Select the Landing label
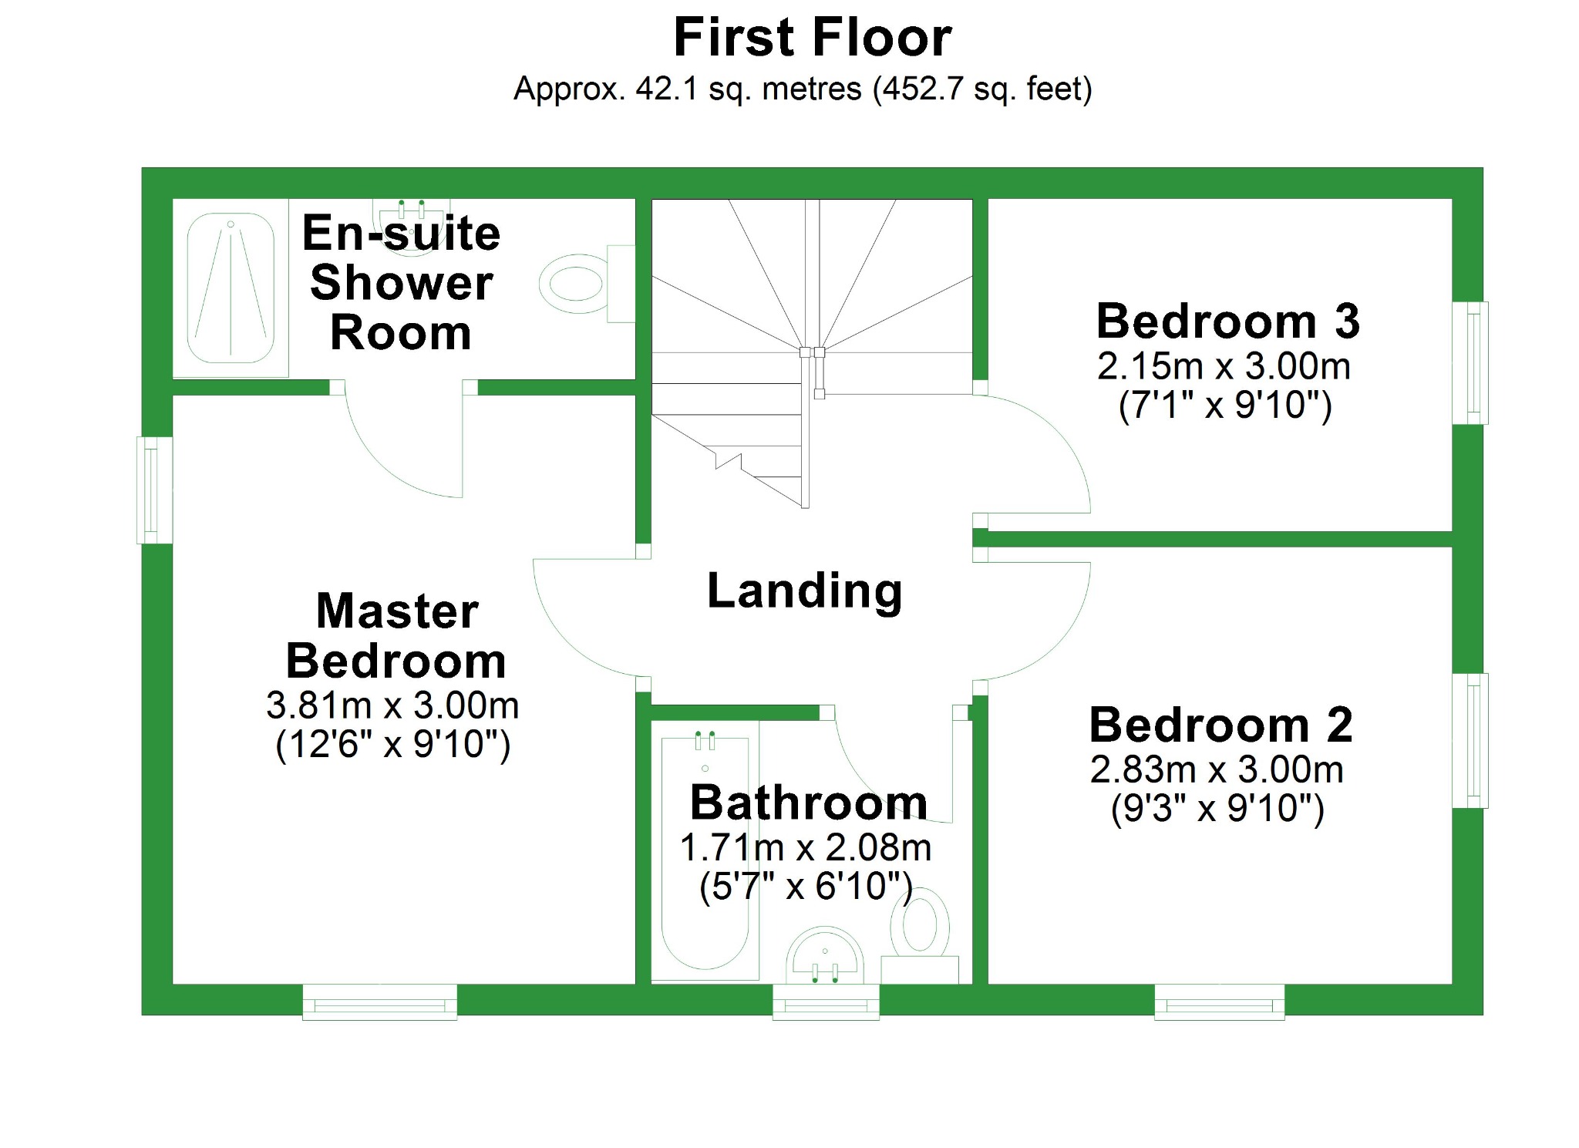(804, 591)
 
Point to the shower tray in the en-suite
(231, 288)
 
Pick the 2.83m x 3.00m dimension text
(1217, 769)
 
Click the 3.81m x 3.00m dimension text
(392, 705)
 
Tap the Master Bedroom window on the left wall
(154, 490)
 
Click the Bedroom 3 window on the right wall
(1471, 363)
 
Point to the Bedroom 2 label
(1220, 725)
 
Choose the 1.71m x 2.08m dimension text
(806, 848)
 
